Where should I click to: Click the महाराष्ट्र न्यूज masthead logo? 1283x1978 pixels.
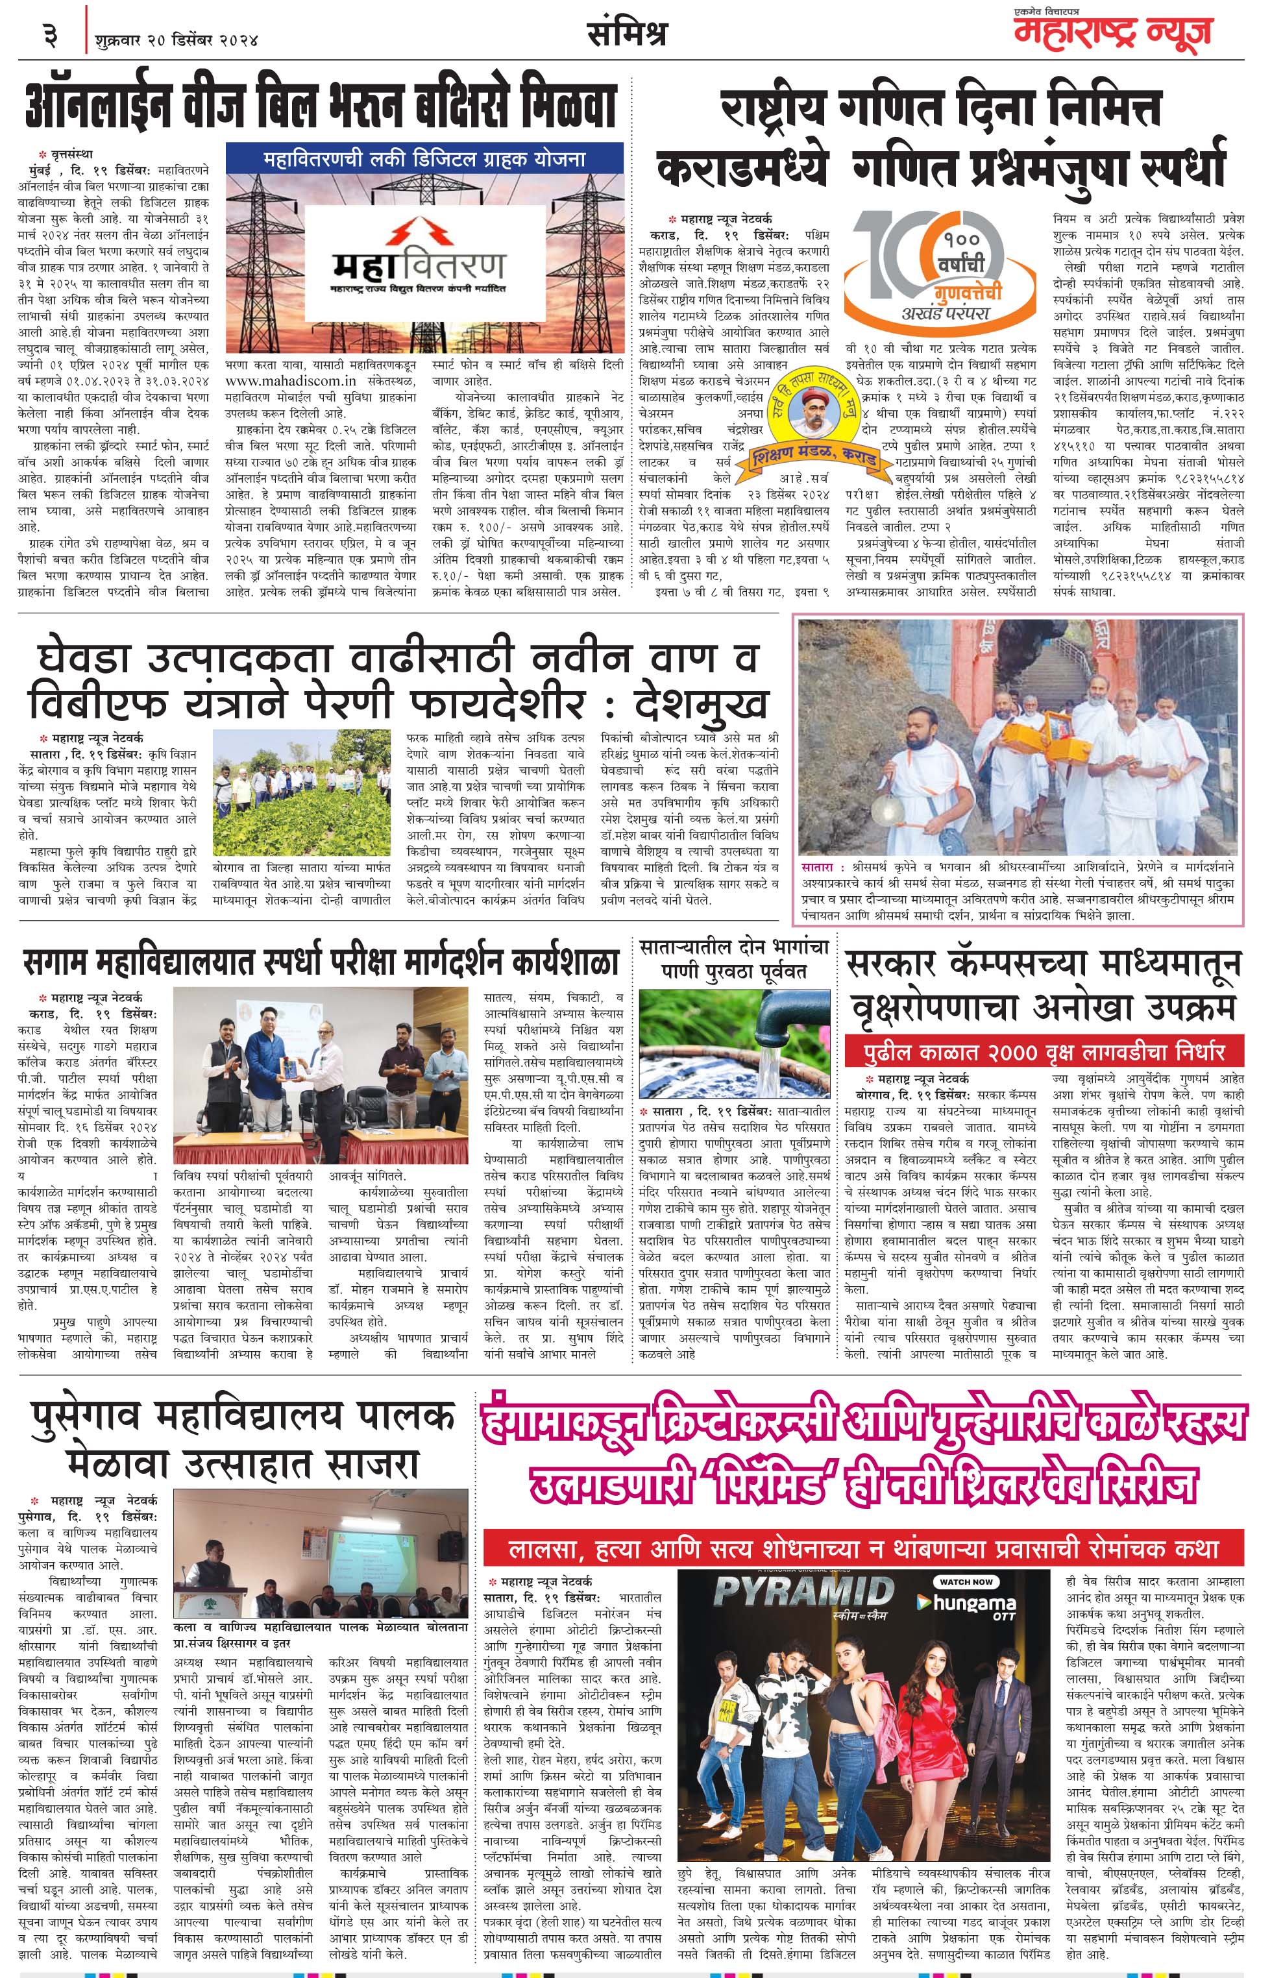(x=1112, y=33)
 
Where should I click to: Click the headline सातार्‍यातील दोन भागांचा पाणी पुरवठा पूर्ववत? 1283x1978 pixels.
(x=735, y=957)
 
